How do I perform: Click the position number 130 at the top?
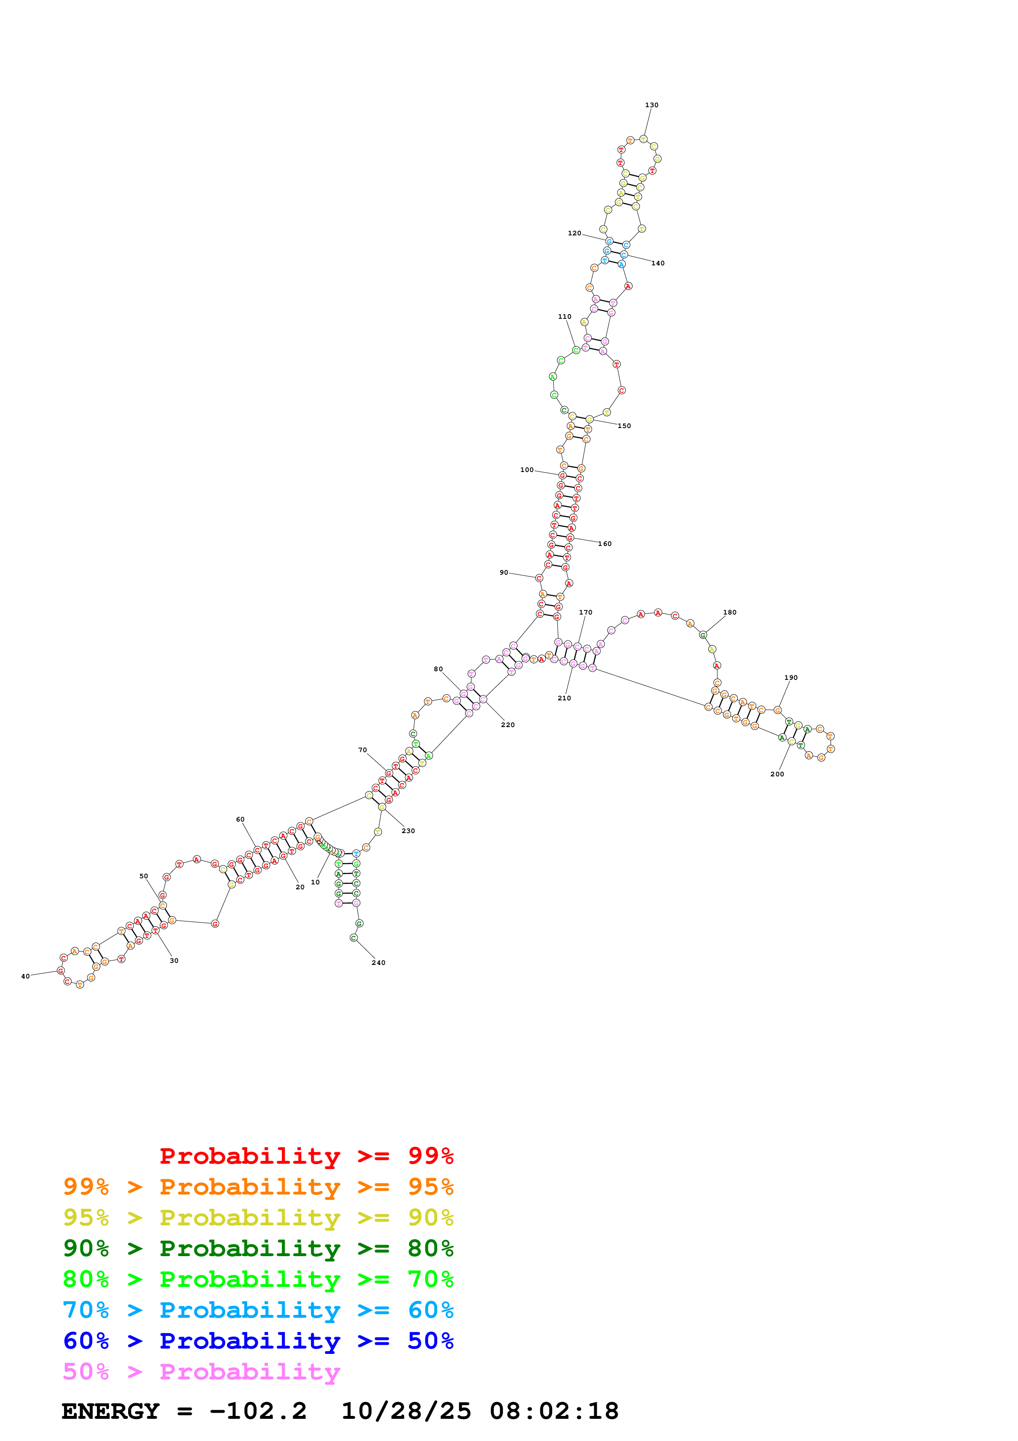pyautogui.click(x=652, y=105)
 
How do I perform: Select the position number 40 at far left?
pyautogui.click(x=25, y=976)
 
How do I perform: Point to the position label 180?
pyautogui.click(x=729, y=612)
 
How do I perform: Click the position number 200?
pyautogui.click(x=777, y=774)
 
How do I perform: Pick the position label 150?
pyautogui.click(x=624, y=426)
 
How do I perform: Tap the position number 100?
pyautogui.click(x=527, y=470)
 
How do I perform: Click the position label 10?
pyautogui.click(x=315, y=882)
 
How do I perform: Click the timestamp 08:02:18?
pyautogui.click(x=554, y=1411)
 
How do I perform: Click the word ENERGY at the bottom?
pyautogui.click(x=110, y=1411)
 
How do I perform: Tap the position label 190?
pyautogui.click(x=791, y=677)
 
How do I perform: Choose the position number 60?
pyautogui.click(x=240, y=819)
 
